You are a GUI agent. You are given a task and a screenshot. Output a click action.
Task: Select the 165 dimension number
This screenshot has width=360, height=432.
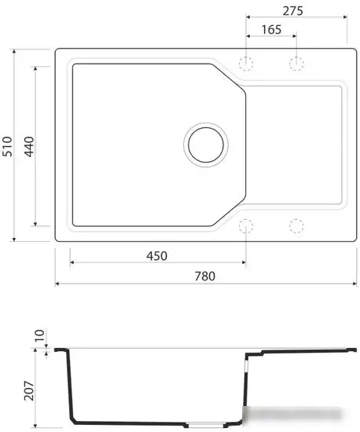270,29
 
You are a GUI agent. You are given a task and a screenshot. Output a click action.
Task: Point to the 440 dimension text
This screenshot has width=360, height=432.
29,146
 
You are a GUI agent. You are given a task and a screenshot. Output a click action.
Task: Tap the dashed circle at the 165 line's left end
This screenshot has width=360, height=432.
247,63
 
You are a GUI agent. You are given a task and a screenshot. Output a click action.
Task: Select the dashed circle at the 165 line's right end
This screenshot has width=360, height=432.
296,63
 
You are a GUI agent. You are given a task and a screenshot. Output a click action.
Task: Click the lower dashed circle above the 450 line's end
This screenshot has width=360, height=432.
247,226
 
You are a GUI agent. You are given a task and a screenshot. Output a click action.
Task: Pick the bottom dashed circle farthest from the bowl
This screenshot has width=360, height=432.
296,226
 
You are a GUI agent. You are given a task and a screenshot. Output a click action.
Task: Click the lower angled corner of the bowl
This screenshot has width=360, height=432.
230,212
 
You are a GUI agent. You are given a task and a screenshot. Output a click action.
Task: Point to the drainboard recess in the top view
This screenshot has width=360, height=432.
295,145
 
